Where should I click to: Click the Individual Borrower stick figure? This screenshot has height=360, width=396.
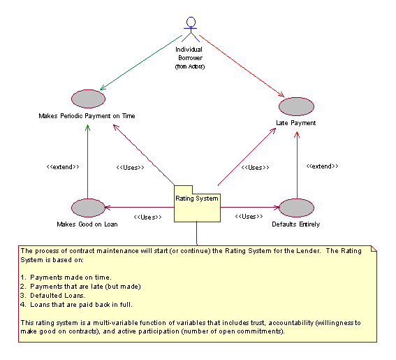click(191, 29)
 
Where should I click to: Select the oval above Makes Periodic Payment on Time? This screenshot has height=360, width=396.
click(88, 99)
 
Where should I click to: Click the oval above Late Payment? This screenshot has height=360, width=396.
click(296, 106)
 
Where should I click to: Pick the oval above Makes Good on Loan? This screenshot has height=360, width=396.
click(88, 208)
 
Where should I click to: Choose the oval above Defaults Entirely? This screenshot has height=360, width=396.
click(296, 208)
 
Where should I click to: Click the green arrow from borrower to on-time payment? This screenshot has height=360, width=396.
click(141, 62)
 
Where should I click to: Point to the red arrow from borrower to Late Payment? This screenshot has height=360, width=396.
click(242, 66)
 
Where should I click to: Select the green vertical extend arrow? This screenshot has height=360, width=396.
click(87, 161)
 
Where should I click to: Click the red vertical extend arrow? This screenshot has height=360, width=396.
click(297, 166)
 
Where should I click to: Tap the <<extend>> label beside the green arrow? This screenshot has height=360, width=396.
click(63, 167)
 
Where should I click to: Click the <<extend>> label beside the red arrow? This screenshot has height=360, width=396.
click(322, 166)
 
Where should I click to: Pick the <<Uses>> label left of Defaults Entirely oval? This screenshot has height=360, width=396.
click(249, 217)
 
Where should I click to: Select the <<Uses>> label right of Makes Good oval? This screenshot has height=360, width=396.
click(148, 217)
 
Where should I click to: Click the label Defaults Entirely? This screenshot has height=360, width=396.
click(295, 224)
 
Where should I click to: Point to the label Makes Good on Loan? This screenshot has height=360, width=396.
click(87, 224)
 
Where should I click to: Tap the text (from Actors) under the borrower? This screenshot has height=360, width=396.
click(190, 66)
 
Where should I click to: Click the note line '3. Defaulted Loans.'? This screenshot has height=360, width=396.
click(53, 296)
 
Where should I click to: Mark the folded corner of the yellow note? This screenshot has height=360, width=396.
click(374, 249)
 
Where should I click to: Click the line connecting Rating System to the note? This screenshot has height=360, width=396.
click(197, 233)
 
